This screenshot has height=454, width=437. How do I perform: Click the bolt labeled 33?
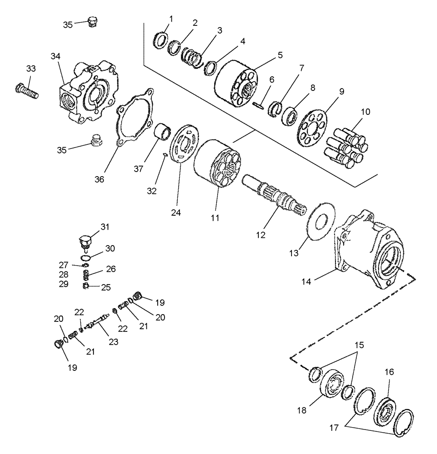(27, 91)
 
